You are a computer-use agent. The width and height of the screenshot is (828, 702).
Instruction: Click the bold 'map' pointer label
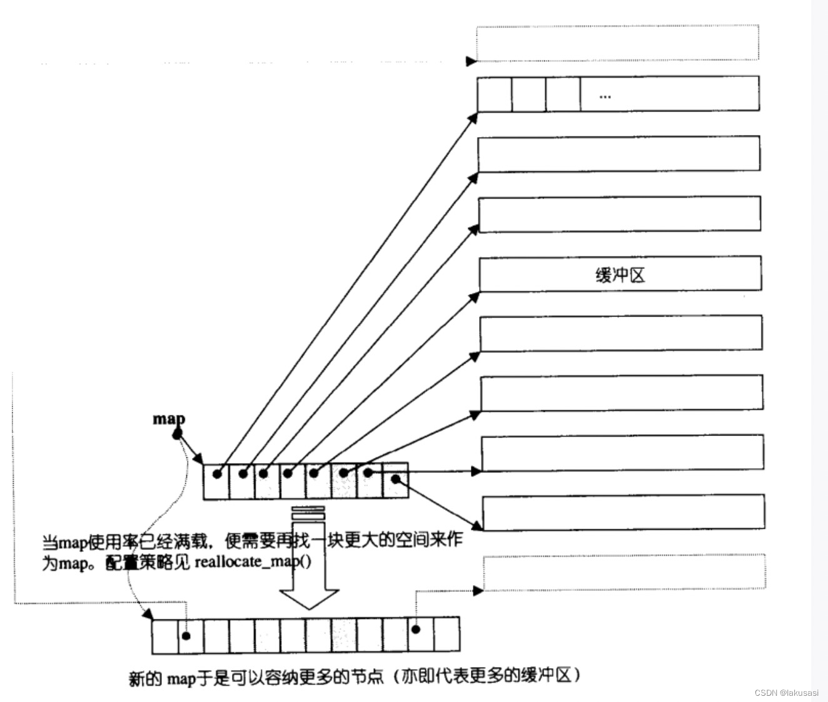pyautogui.click(x=169, y=419)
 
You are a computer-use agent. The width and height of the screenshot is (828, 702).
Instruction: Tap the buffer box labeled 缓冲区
pyautogui.click(x=620, y=274)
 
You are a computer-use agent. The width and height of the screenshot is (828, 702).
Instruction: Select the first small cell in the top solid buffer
pyautogui.click(x=495, y=94)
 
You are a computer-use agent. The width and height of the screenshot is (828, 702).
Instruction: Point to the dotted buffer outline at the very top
pyautogui.click(x=617, y=43)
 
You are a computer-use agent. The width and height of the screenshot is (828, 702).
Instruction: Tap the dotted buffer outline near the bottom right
pyautogui.click(x=624, y=571)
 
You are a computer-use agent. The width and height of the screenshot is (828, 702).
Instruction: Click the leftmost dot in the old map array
pyautogui.click(x=217, y=474)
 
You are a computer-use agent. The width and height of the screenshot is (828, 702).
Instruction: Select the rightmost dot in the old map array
pyautogui.click(x=395, y=479)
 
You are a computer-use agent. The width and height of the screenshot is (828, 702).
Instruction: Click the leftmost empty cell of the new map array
pyautogui.click(x=165, y=636)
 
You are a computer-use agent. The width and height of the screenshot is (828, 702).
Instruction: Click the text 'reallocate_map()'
pyautogui.click(x=253, y=561)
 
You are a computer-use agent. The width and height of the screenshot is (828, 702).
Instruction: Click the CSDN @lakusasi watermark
pyautogui.click(x=786, y=693)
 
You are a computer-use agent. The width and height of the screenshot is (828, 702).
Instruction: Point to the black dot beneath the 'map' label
pyautogui.click(x=178, y=433)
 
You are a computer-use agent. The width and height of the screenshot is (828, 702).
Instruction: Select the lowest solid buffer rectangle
pyautogui.click(x=624, y=512)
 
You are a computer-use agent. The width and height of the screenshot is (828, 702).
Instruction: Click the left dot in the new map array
pyautogui.click(x=186, y=636)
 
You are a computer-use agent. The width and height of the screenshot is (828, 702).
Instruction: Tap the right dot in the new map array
pyautogui.click(x=415, y=629)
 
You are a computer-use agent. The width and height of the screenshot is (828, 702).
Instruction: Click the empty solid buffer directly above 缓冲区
pyautogui.click(x=620, y=214)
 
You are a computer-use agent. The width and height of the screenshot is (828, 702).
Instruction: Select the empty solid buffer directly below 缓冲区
pyautogui.click(x=621, y=333)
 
